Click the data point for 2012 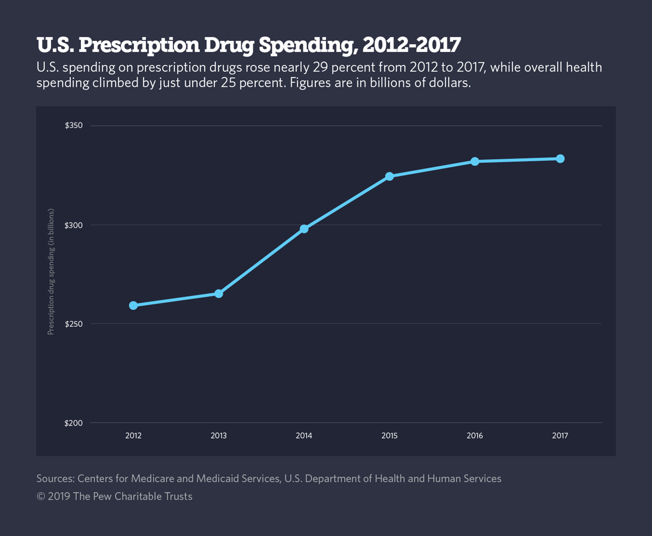[133, 306]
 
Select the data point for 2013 [219, 294]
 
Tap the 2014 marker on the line [304, 229]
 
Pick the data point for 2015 [389, 176]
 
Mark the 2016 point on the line [475, 162]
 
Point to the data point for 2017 [560, 159]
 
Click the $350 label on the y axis [74, 125]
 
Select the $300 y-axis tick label [74, 225]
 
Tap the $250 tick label [74, 324]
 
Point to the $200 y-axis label [74, 423]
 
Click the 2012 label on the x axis [133, 435]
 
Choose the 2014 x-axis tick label [304, 435]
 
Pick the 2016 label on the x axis [475, 435]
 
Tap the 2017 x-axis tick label [560, 435]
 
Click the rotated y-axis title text [51, 272]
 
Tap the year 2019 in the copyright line [59, 496]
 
